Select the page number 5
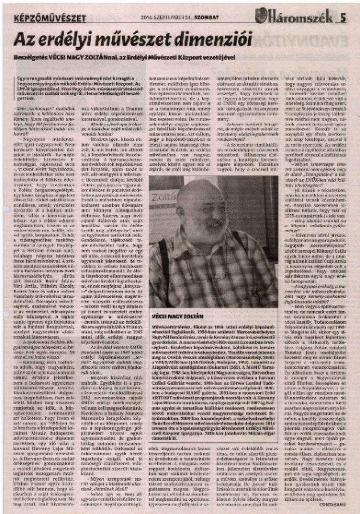pos(342,18)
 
